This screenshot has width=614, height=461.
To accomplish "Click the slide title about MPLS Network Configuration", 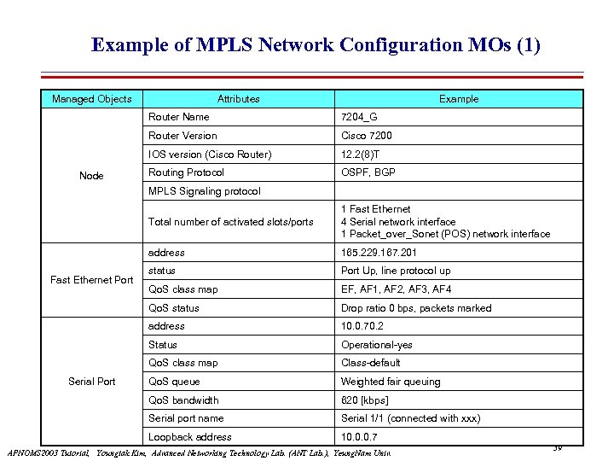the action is (316, 44).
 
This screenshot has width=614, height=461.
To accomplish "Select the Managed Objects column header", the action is (92, 99).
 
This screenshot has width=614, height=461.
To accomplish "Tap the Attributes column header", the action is (238, 99).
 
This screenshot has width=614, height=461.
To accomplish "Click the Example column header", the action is (459, 99).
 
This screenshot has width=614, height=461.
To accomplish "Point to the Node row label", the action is (91, 176).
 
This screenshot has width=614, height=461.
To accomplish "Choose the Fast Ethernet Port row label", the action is (92, 280).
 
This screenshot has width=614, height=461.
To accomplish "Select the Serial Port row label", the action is (91, 382).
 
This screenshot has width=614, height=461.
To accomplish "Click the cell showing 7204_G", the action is (358, 117).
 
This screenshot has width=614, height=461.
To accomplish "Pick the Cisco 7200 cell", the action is (367, 136).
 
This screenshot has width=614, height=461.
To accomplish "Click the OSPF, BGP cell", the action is (368, 172).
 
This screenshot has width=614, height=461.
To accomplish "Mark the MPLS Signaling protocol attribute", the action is (205, 191).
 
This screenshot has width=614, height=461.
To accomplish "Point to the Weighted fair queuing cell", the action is (391, 382).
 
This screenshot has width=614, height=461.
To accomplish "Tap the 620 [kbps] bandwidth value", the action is (365, 400).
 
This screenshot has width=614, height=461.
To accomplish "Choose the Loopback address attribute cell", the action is (190, 437).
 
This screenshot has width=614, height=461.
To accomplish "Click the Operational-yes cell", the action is (376, 345).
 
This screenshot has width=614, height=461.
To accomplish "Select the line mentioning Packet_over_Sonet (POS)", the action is (445, 234).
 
